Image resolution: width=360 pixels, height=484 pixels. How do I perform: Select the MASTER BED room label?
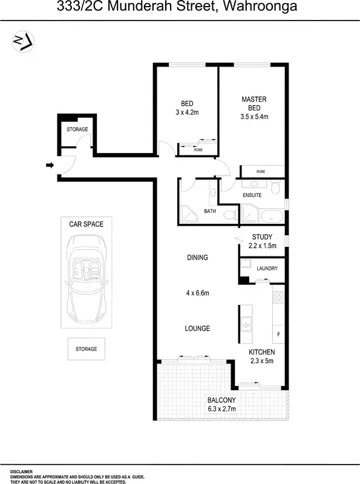[x=254, y=103]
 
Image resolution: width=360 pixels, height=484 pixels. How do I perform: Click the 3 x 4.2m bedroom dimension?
[x=187, y=112]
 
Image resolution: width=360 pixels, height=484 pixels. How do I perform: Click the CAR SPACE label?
[x=86, y=224]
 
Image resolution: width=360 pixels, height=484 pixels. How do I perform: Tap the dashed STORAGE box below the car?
[x=86, y=349]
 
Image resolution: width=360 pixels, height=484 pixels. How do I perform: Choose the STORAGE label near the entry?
[x=77, y=129]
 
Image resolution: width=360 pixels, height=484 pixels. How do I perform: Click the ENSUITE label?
[x=252, y=195]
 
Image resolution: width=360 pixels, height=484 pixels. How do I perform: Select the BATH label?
[x=210, y=211]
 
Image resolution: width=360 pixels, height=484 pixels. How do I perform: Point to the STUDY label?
[x=262, y=237]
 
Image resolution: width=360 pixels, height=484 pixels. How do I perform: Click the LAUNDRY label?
[x=267, y=268]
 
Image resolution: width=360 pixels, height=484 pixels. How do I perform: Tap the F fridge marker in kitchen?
[x=278, y=334]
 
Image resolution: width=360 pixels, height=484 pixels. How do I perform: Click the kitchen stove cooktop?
[x=278, y=297]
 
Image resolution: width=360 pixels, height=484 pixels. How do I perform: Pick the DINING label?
[x=197, y=258]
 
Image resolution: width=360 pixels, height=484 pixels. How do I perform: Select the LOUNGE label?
[x=197, y=329]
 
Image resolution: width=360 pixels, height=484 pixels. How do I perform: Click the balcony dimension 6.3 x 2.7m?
[x=221, y=409]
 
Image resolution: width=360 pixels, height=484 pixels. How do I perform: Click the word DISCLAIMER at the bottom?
[x=21, y=471]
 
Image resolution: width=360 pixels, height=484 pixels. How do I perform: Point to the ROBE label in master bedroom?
[x=261, y=172]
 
